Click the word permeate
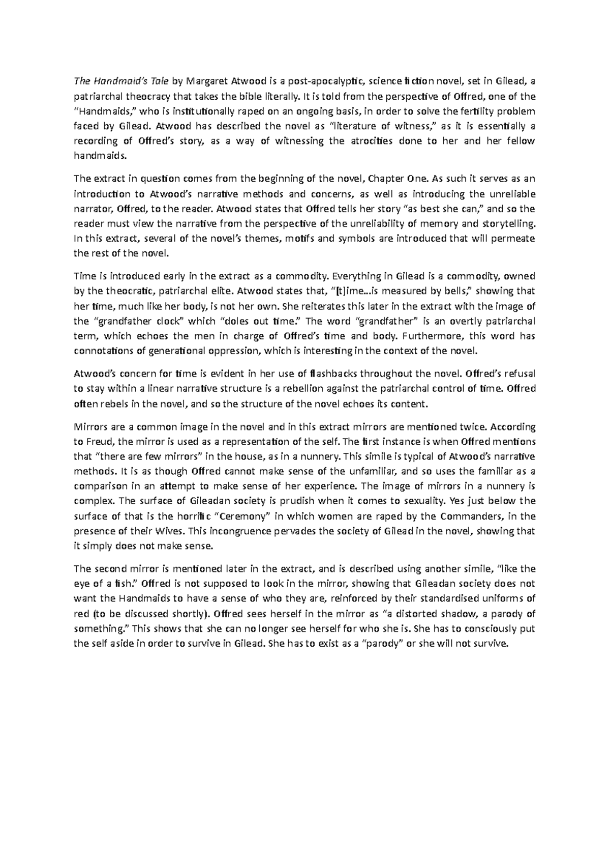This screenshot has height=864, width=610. coord(514,239)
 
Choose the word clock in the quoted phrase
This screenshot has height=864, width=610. coord(172,321)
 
